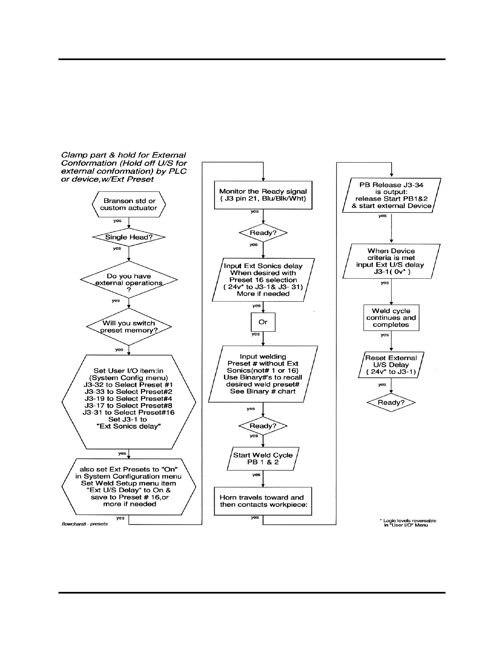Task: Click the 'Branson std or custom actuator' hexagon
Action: pyautogui.click(x=128, y=204)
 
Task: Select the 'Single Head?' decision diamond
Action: pyautogui.click(x=128, y=237)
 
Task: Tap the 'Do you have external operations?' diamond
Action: pyautogui.click(x=128, y=280)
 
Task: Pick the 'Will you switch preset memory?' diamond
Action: pyautogui.click(x=128, y=327)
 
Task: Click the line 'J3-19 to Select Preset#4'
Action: pyautogui.click(x=128, y=398)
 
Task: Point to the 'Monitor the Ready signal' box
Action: pyautogui.click(x=263, y=195)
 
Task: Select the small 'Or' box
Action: pyautogui.click(x=263, y=322)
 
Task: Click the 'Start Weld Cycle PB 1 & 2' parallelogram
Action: pyautogui.click(x=263, y=459)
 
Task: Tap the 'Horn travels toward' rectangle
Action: pyautogui.click(x=263, y=501)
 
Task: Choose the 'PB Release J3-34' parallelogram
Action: pyautogui.click(x=391, y=196)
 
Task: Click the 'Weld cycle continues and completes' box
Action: pyautogui.click(x=391, y=318)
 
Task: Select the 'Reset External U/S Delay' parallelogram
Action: pyautogui.click(x=391, y=365)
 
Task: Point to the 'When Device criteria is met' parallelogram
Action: pyautogui.click(x=391, y=261)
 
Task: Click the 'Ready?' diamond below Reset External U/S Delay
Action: pyautogui.click(x=391, y=403)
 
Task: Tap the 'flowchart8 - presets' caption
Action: pyautogui.click(x=85, y=524)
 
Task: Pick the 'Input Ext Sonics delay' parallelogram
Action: pyautogui.click(x=263, y=280)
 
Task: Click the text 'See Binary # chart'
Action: pyautogui.click(x=263, y=391)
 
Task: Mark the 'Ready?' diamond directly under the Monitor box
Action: pyautogui.click(x=263, y=233)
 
